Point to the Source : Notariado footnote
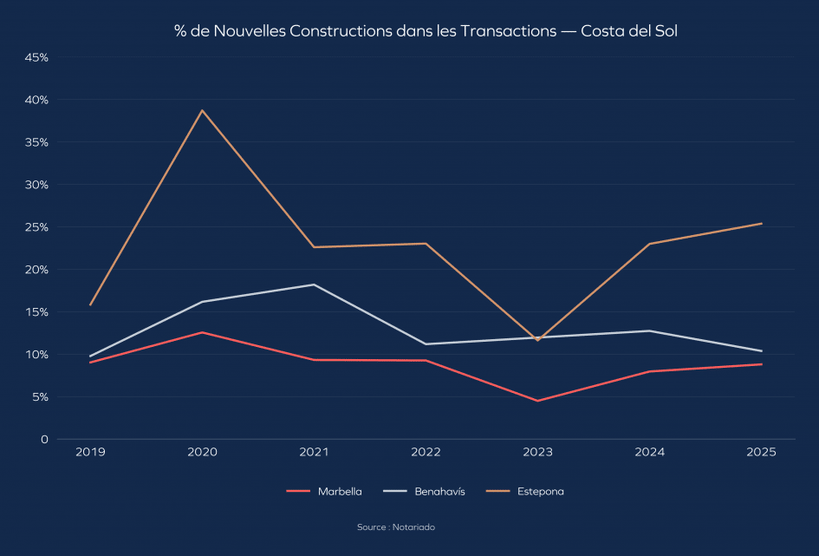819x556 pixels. pos(396,527)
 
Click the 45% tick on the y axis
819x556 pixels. pos(36,57)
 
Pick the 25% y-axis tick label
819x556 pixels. pos(36,227)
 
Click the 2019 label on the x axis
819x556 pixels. pos(90,453)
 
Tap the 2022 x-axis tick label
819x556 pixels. pos(426,453)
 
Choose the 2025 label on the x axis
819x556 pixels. pos(762,453)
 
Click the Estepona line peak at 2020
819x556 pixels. pos(202,110)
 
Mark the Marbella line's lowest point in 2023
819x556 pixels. pos(537,401)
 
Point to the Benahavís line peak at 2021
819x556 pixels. pos(314,285)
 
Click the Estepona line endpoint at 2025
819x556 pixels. pos(762,224)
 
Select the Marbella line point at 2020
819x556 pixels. pos(202,332)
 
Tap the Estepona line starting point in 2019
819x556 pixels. pos(90,305)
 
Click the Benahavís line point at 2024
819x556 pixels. pos(650,330)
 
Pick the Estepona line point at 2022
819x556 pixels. pos(426,244)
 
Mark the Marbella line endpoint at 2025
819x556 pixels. pos(762,364)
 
